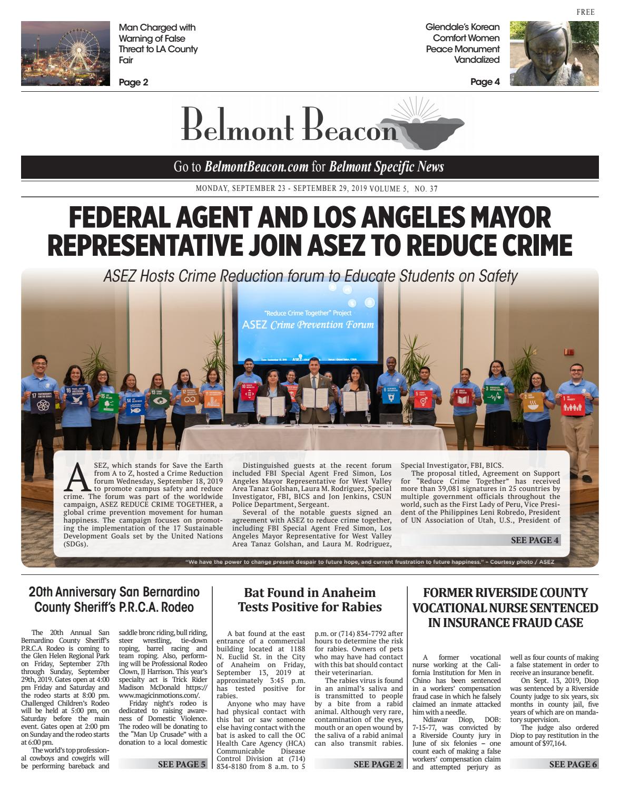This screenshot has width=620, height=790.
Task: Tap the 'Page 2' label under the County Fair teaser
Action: click(x=133, y=82)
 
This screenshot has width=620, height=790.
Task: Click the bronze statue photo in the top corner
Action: click(x=554, y=53)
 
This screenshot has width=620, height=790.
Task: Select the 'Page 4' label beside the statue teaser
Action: click(x=485, y=82)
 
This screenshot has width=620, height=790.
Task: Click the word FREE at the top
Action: click(x=585, y=12)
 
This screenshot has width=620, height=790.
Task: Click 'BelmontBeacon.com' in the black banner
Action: click(x=256, y=167)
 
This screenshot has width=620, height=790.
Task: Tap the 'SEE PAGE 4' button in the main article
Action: click(x=534, y=540)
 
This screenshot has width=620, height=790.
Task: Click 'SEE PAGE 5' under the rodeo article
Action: click(x=182, y=764)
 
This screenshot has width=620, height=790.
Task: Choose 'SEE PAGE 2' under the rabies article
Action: click(x=377, y=764)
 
